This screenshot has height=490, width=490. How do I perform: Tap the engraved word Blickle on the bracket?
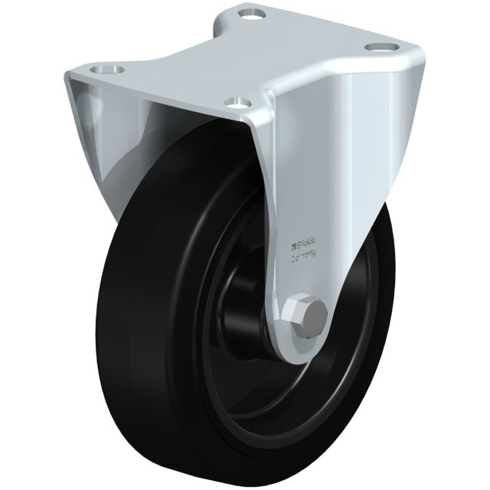tap(303, 246)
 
